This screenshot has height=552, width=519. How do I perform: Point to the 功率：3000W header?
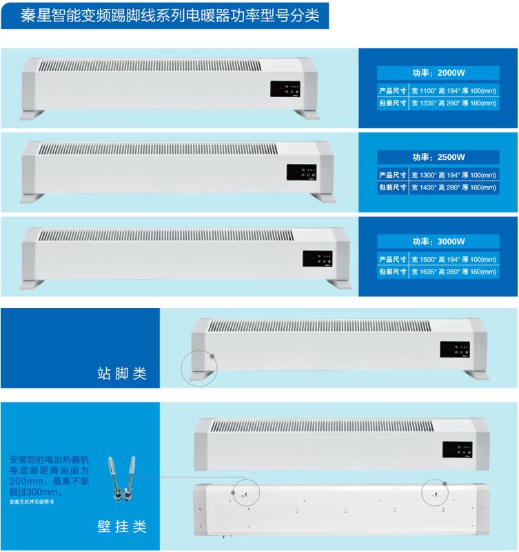(439, 243)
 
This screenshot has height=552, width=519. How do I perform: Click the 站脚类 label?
(122, 374)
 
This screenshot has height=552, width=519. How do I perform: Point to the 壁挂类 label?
(122, 527)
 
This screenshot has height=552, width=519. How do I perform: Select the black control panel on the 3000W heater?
(317, 258)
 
